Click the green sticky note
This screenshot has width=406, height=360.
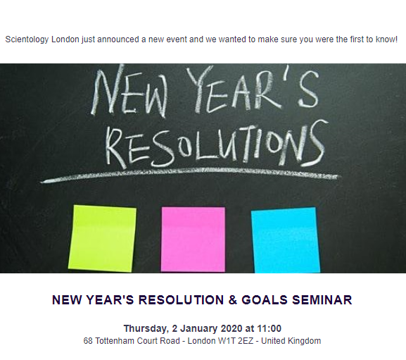click(102, 238)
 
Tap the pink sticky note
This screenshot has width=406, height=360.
click(193, 240)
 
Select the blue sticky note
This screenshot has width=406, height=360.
click(286, 240)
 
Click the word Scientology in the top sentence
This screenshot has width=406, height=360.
click(27, 39)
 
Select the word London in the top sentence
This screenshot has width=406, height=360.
click(65, 39)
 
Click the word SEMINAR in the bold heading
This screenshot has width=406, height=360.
click(322, 300)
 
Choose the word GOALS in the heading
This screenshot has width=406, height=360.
click(265, 300)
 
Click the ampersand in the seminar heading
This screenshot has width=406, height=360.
click(233, 300)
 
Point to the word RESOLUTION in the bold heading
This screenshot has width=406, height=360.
click(181, 300)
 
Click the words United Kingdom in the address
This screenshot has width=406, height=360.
click(291, 341)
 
